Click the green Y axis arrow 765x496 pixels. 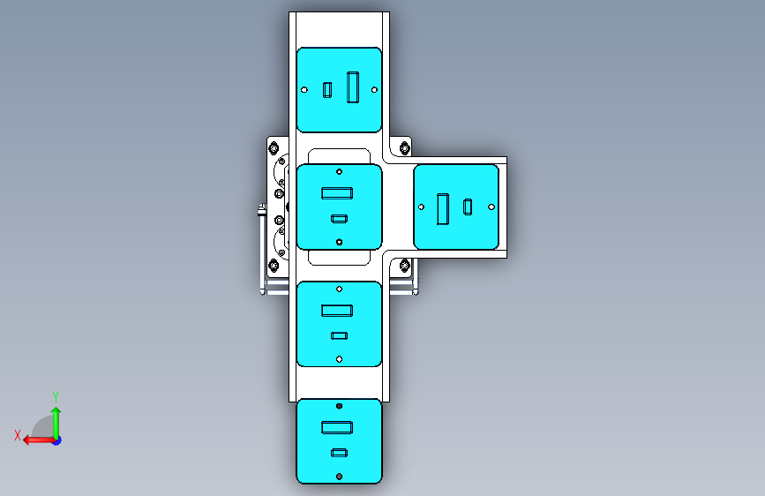pyautogui.click(x=56, y=419)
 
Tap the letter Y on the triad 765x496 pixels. pyautogui.click(x=56, y=396)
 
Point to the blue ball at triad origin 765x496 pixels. pyautogui.click(x=56, y=440)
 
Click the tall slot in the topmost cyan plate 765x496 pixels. pyautogui.click(x=354, y=87)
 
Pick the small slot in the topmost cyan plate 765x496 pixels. pyautogui.click(x=327, y=89)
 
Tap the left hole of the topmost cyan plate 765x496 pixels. pyautogui.click(x=304, y=89)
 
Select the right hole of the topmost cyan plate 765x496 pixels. pyautogui.click(x=375, y=89)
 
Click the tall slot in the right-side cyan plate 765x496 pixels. pyautogui.click(x=443, y=207)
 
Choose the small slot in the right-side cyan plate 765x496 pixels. pyautogui.click(x=468, y=206)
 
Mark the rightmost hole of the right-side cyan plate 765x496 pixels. pyautogui.click(x=491, y=207)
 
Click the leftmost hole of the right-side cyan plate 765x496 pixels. pyautogui.click(x=421, y=207)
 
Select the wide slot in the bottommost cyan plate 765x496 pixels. pyautogui.click(x=338, y=427)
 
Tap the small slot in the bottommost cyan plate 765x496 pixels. pyautogui.click(x=338, y=453)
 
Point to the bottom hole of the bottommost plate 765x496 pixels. pyautogui.click(x=339, y=477)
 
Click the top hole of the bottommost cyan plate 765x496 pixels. pyautogui.click(x=339, y=406)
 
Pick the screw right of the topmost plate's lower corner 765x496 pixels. pyautogui.click(x=405, y=147)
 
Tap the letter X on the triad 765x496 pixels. pyautogui.click(x=18, y=434)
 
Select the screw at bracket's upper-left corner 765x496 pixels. pyautogui.click(x=274, y=147)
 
